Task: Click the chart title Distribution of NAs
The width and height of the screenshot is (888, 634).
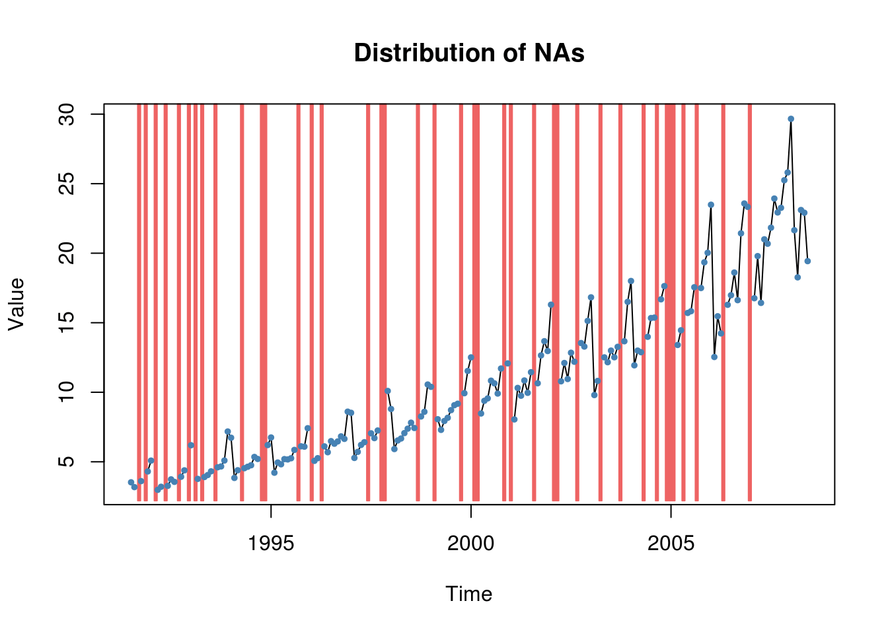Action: click(469, 53)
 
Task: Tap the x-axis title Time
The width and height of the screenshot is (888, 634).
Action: click(468, 594)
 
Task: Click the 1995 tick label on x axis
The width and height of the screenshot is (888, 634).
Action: click(271, 544)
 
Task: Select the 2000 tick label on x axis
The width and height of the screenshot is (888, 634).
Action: click(470, 544)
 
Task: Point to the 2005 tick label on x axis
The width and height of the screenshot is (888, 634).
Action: click(671, 544)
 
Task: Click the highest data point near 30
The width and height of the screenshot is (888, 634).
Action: click(791, 119)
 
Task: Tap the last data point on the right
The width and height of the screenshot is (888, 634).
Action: click(807, 261)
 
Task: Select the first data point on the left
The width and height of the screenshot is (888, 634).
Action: click(131, 482)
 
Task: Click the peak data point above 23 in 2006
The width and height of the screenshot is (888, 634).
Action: click(711, 205)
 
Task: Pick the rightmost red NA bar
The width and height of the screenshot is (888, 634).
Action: click(750, 304)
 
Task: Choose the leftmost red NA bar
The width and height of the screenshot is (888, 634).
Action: click(139, 304)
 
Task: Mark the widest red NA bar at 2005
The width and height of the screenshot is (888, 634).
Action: click(670, 304)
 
